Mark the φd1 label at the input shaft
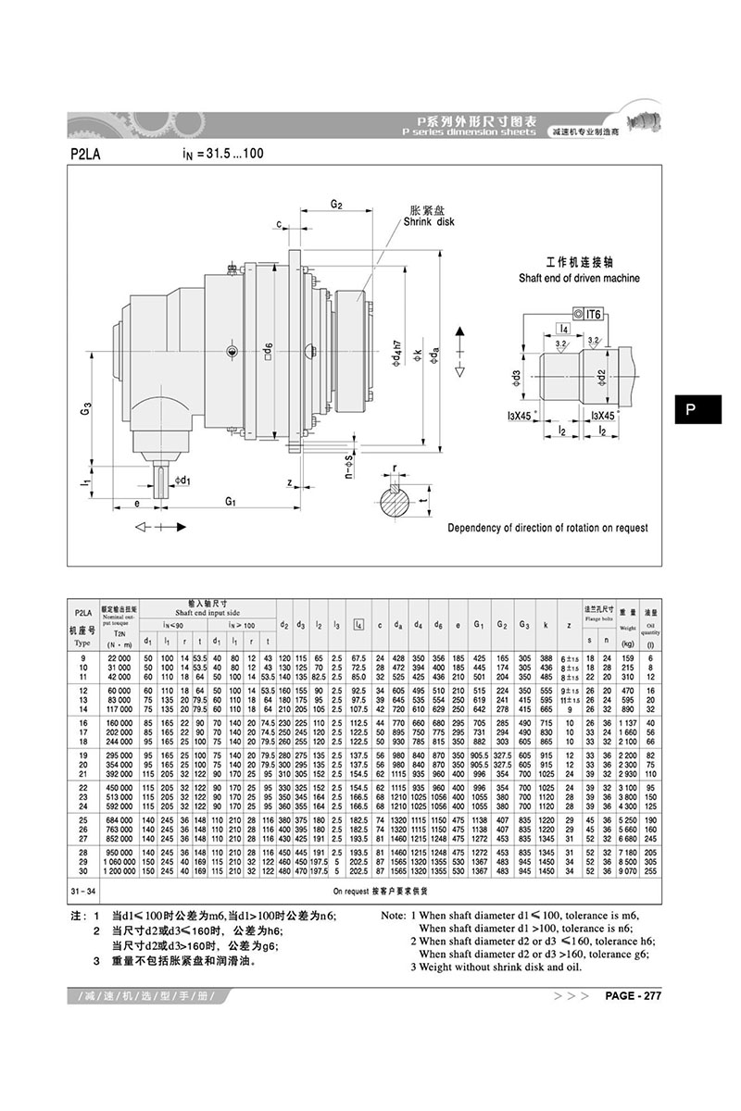point(182,480)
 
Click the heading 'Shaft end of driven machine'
point(578,278)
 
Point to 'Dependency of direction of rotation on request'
point(548,528)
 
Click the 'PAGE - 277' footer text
point(633,996)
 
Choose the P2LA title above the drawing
point(86,153)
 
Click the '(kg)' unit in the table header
point(627,643)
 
